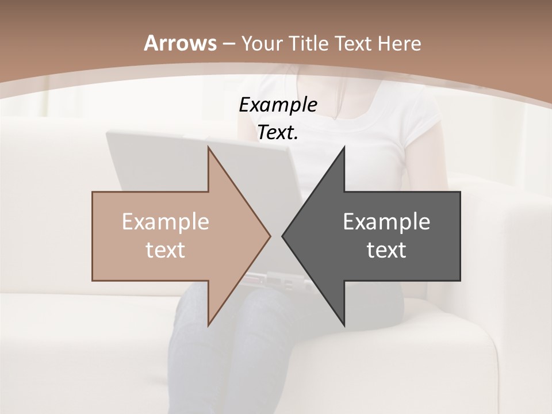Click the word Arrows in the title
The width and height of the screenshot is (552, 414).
181,43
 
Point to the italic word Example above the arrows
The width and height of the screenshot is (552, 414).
278,105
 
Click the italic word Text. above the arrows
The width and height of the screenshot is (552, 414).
278,133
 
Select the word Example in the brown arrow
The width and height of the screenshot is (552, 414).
165,221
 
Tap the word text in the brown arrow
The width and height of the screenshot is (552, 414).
165,250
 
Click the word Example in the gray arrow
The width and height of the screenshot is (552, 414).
386,221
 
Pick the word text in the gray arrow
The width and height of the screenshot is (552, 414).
386,250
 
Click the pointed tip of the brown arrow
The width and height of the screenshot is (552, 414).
269,236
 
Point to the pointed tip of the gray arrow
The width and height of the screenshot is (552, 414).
283,236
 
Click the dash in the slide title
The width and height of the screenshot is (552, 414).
228,44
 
